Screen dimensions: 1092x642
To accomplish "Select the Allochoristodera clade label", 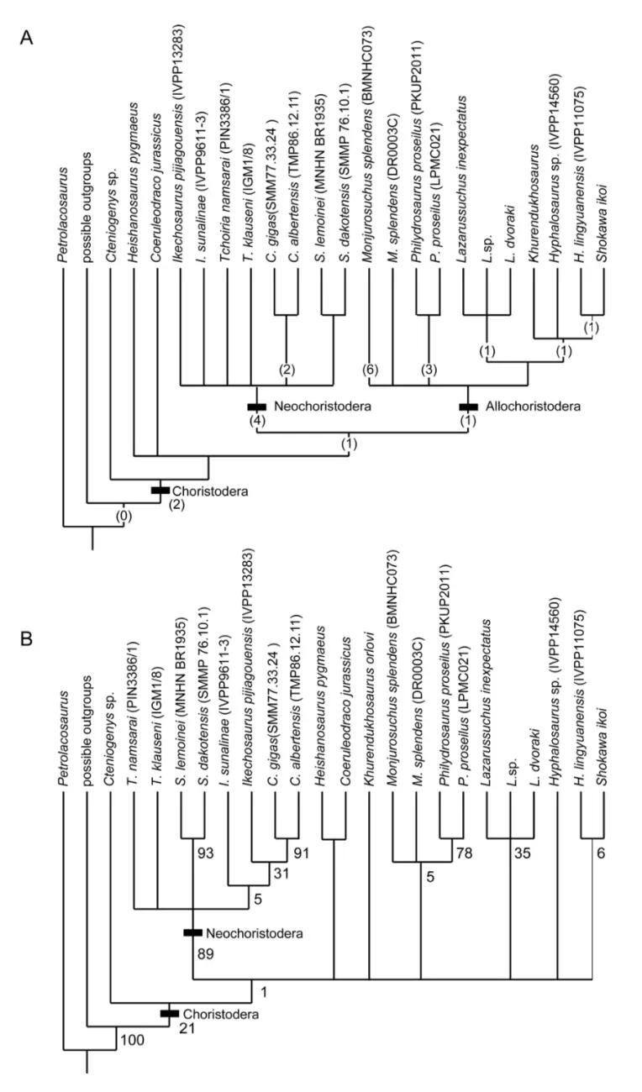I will click(x=532, y=407).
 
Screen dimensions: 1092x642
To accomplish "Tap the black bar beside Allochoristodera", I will click(x=468, y=407).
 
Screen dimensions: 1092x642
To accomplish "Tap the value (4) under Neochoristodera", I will click(x=256, y=421).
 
